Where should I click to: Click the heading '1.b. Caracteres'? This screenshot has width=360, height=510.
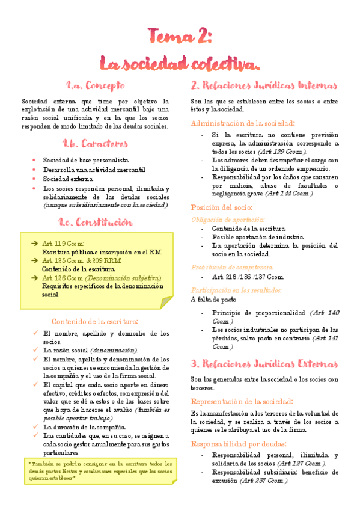coord(95,144)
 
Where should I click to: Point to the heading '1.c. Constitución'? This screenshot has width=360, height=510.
coord(95,222)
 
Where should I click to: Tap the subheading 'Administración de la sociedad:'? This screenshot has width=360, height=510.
coord(242,123)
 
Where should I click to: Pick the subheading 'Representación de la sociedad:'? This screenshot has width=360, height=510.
coord(242,401)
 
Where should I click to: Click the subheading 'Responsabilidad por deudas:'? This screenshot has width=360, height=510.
coord(239,443)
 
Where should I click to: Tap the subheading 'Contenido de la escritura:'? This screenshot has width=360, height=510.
coord(95,321)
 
